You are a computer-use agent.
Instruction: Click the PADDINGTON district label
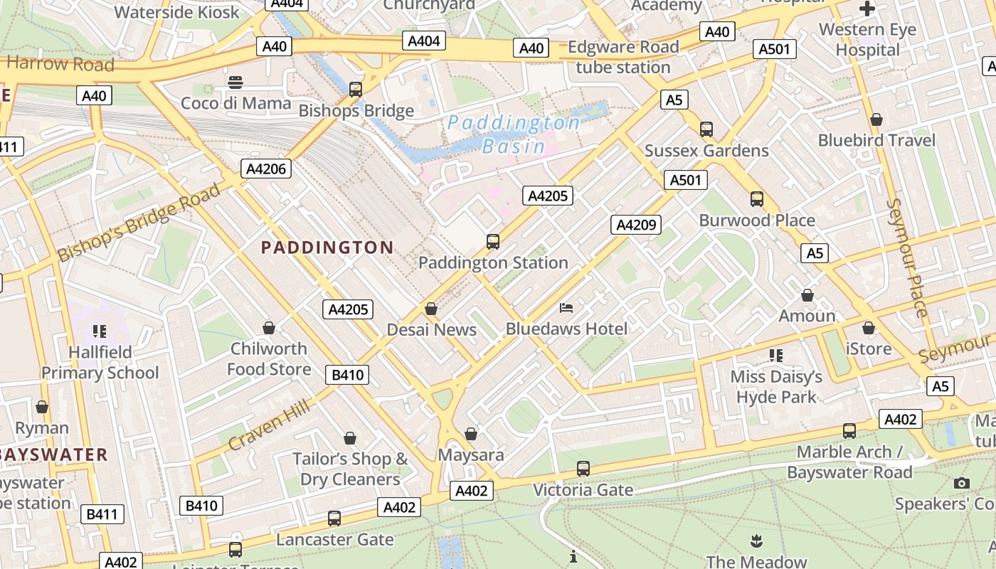[x=327, y=248]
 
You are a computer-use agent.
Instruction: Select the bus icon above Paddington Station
[x=493, y=242]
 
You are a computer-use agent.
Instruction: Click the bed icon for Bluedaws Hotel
[x=566, y=307]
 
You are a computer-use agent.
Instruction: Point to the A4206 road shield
[x=267, y=169]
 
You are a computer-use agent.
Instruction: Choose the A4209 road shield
[x=636, y=225]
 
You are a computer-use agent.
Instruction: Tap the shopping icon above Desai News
[x=430, y=309]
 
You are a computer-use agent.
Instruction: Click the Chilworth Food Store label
[x=268, y=358]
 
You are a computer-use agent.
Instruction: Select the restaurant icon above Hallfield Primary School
[x=99, y=331]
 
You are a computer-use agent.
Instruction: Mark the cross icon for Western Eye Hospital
[x=867, y=9]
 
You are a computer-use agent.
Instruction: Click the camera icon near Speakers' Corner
[x=962, y=484]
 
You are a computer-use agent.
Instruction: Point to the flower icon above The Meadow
[x=756, y=541]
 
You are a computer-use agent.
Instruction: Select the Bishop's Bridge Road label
[x=139, y=222]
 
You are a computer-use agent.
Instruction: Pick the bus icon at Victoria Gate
[x=583, y=469]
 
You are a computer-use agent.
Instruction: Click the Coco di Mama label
[x=235, y=103]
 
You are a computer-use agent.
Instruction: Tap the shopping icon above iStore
[x=868, y=328]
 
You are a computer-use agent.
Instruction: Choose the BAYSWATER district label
[x=53, y=454]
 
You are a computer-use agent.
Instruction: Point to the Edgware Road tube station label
[x=623, y=57]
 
